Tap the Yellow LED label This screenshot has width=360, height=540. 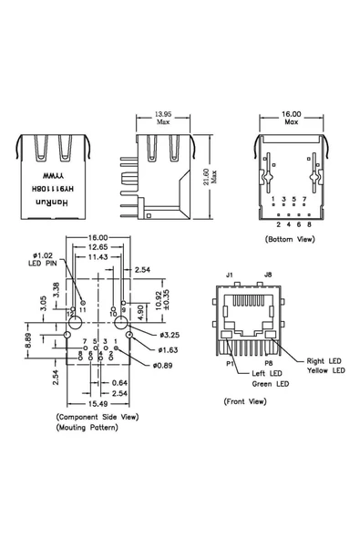pos(326,371)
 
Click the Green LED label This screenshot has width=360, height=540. pos(271,384)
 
